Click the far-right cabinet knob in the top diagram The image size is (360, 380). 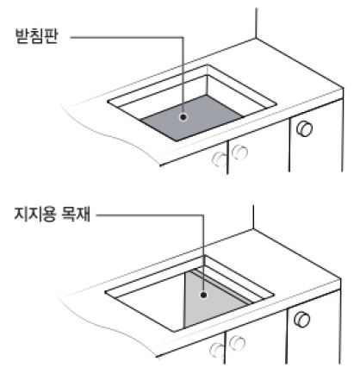[x=304, y=128]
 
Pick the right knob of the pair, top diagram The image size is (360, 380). [x=239, y=153]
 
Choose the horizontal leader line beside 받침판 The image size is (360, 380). [x=121, y=38]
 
